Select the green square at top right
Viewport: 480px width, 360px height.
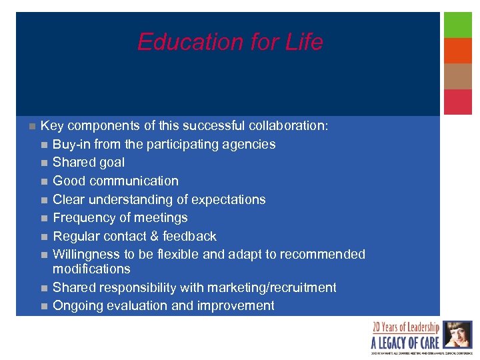coord(458,25)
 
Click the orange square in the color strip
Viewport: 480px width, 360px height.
coord(458,51)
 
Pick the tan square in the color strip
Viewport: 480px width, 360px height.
coord(458,76)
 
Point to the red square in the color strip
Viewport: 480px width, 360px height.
coord(458,102)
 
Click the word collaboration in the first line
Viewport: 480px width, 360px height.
coord(289,126)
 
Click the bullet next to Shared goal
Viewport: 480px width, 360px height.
coord(43,163)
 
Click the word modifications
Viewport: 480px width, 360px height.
coord(91,269)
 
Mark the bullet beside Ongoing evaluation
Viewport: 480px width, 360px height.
coord(43,306)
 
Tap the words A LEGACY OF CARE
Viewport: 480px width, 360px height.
coord(405,343)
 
